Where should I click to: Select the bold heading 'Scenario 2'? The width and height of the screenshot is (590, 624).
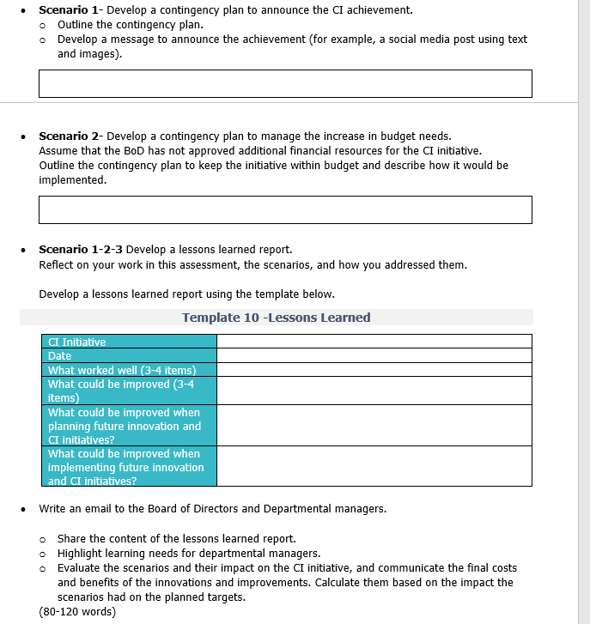(69, 136)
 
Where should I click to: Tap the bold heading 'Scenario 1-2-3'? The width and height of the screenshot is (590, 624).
(80, 250)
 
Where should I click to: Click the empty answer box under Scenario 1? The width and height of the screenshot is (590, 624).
(285, 83)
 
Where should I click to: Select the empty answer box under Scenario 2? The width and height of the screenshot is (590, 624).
(285, 209)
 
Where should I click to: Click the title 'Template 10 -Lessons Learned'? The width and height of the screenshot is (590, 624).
(276, 318)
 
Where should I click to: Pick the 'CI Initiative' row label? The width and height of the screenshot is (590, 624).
(77, 342)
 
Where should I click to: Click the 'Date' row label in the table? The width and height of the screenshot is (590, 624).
(60, 355)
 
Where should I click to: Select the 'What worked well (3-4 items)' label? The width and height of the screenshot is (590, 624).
(122, 370)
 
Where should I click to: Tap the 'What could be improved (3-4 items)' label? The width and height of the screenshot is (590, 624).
(121, 391)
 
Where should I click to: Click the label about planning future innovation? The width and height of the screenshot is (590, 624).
(125, 426)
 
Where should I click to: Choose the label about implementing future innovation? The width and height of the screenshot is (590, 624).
(125, 467)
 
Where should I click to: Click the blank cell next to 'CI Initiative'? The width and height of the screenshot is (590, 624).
(374, 342)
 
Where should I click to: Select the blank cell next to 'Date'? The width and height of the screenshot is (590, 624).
(374, 355)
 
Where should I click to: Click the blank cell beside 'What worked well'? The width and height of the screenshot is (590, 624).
(374, 370)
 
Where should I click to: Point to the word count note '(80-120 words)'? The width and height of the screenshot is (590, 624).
(77, 612)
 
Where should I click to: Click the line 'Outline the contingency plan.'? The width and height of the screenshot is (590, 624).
(130, 24)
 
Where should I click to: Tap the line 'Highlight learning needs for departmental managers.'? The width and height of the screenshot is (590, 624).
(188, 554)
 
